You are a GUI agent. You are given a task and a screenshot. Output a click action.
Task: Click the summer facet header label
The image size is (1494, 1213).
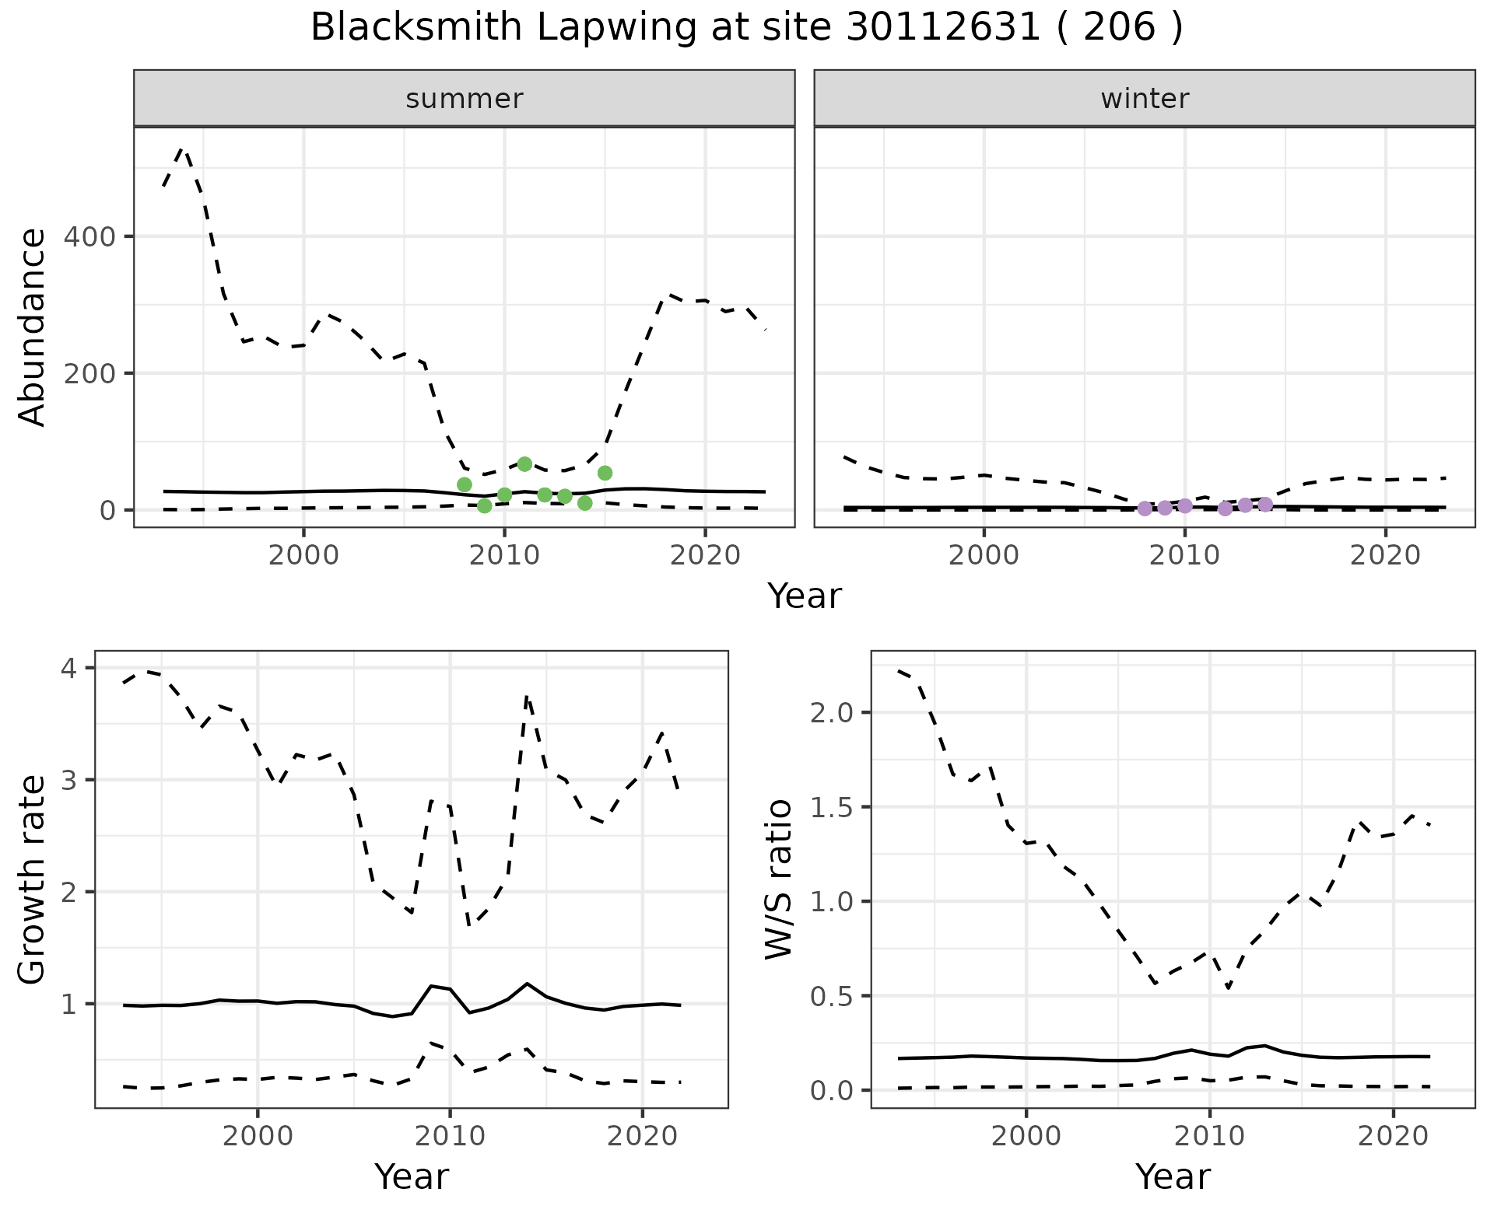click(x=465, y=99)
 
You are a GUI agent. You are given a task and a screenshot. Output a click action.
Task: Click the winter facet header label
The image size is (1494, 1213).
click(x=1145, y=99)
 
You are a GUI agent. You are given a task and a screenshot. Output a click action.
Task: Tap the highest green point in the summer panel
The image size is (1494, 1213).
click(x=524, y=464)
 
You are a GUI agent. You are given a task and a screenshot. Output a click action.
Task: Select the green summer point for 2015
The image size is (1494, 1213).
click(x=605, y=473)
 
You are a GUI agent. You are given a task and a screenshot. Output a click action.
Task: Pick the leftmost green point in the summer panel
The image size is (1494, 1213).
click(x=465, y=484)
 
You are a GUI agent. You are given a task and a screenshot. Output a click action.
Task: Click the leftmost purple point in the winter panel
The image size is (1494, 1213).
click(x=1145, y=509)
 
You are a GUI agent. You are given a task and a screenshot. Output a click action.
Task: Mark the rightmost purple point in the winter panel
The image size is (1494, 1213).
click(x=1265, y=505)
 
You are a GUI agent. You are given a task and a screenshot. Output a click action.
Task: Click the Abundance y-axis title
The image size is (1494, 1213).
click(x=33, y=327)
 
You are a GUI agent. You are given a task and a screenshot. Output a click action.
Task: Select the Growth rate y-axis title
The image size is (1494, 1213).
click(x=33, y=879)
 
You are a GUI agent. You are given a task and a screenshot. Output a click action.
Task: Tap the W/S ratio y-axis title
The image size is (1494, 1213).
click(x=778, y=879)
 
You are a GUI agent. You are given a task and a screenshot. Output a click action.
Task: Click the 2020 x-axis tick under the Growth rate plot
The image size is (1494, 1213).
click(x=642, y=1136)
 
